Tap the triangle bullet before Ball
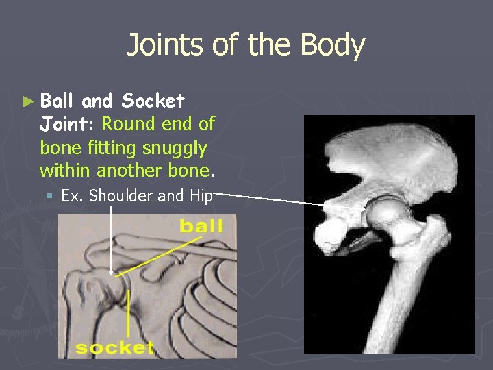[27, 101]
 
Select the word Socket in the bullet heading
[153, 101]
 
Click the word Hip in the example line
[201, 195]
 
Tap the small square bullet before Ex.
[50, 196]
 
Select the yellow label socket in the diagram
[114, 348]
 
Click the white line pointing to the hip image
[274, 199]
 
